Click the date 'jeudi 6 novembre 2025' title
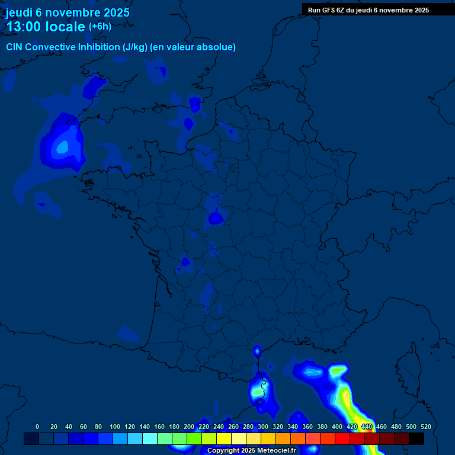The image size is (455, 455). point(68,12)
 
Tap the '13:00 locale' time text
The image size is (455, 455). point(46,27)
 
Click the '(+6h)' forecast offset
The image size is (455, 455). point(100,27)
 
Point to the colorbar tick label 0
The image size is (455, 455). point(37,427)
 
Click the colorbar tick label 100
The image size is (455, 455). point(114,427)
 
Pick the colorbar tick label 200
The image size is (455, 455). point(188,427)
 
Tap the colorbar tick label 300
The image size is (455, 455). point(262,427)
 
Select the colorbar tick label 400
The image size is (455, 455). point(337,427)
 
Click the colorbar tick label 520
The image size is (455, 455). point(425,427)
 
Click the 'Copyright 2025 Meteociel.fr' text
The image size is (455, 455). point(251,450)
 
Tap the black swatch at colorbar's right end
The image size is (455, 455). point(416,439)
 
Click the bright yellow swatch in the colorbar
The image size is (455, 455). point(224,439)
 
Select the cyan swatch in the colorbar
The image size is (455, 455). point(150,439)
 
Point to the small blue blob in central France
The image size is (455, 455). point(216,219)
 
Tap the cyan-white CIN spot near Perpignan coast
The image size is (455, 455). point(259,389)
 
